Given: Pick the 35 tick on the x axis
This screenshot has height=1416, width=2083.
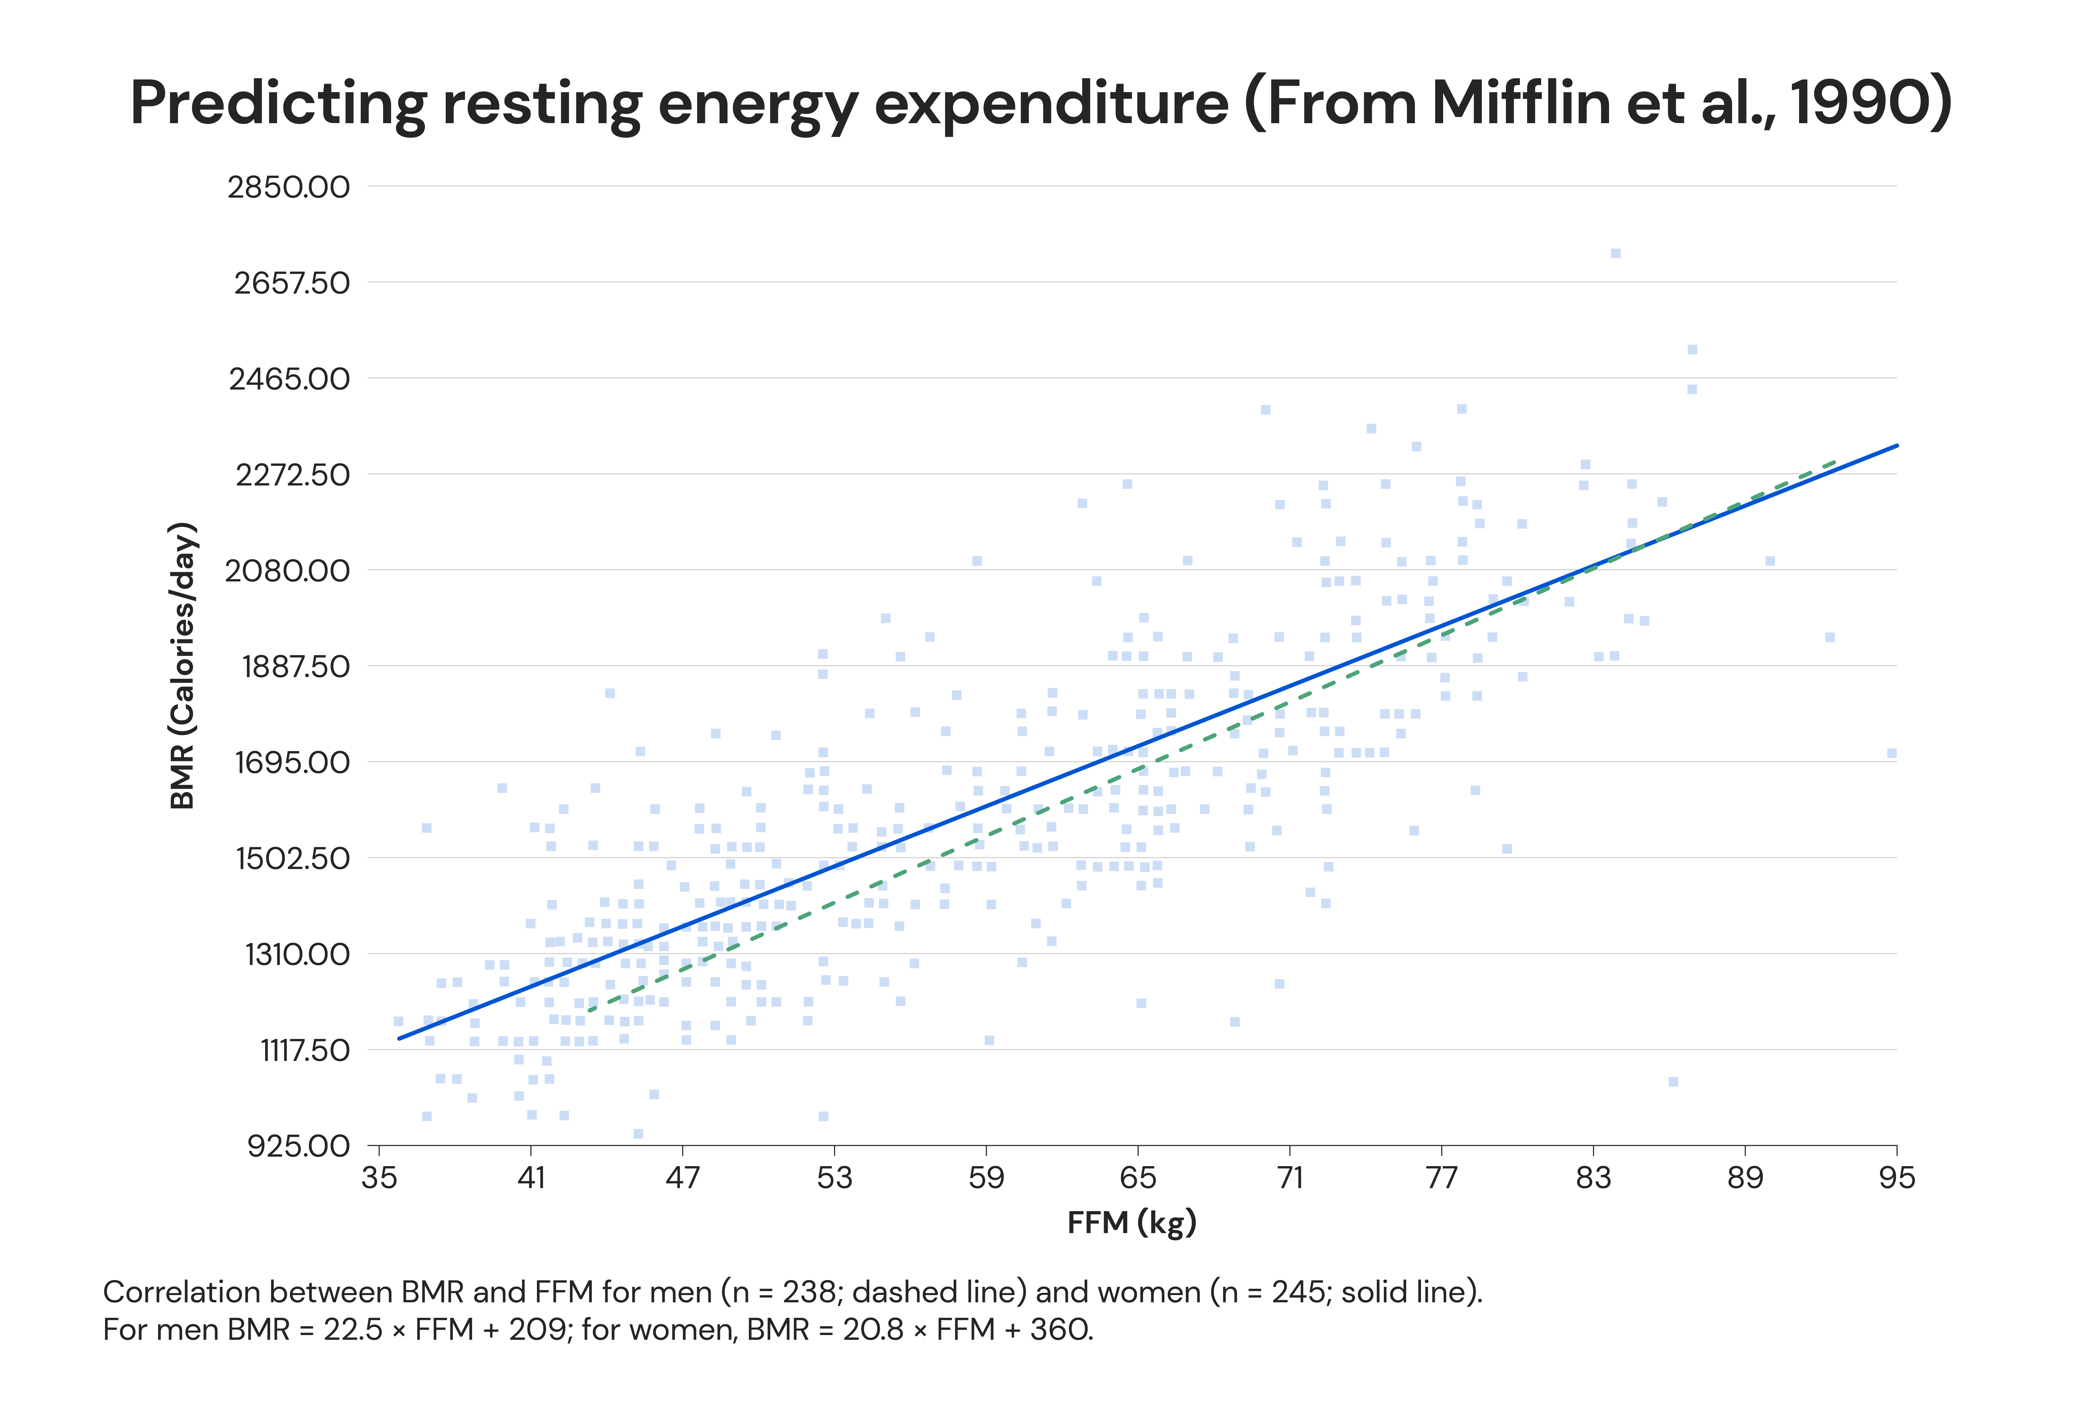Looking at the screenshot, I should [379, 1178].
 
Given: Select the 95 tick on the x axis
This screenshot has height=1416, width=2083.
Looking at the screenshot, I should [1897, 1178].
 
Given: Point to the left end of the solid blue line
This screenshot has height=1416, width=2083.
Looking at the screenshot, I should [400, 1039].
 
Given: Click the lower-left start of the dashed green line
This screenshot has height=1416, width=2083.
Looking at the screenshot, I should [589, 1011].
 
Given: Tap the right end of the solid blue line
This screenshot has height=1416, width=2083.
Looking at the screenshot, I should [1897, 446].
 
